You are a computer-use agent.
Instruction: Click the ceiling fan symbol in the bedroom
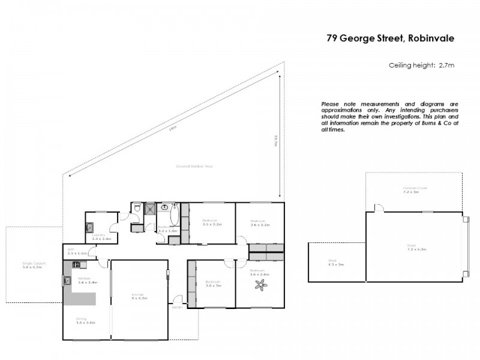pyautogui.click(x=261, y=286)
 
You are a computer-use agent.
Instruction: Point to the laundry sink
pyautogui.click(x=89, y=227)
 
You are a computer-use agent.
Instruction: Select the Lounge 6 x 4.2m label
pyautogui.click(x=139, y=295)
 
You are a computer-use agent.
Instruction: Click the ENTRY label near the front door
pyautogui.click(x=176, y=307)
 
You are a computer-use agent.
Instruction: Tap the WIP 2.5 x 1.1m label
pyautogui.click(x=77, y=252)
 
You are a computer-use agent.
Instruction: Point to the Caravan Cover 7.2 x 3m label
pyautogui.click(x=414, y=191)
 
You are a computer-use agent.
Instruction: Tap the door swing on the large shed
pyautogui.click(x=378, y=208)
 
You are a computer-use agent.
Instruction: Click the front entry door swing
pyautogui.click(x=177, y=299)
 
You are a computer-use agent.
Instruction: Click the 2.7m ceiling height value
pyautogui.click(x=447, y=65)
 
